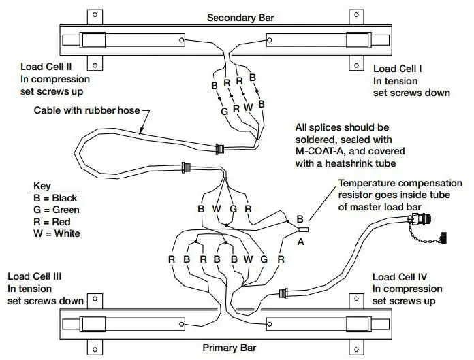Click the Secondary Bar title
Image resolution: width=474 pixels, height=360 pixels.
tap(237, 18)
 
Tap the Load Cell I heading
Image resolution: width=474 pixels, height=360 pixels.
tap(398, 69)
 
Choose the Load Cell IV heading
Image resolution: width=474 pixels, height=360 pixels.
tap(400, 277)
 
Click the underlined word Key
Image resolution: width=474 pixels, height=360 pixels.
tap(42, 186)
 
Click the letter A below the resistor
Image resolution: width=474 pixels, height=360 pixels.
tap(300, 240)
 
